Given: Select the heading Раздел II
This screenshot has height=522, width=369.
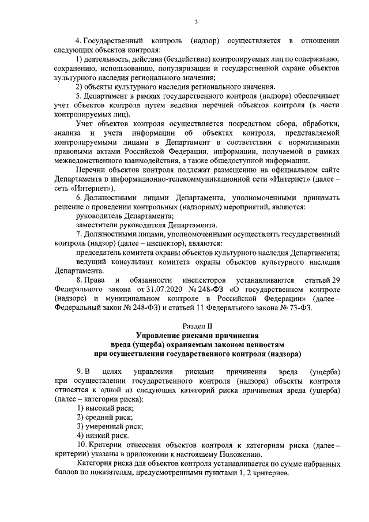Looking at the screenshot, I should point(196,326).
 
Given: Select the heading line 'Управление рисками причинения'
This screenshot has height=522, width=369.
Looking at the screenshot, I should point(196,335).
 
